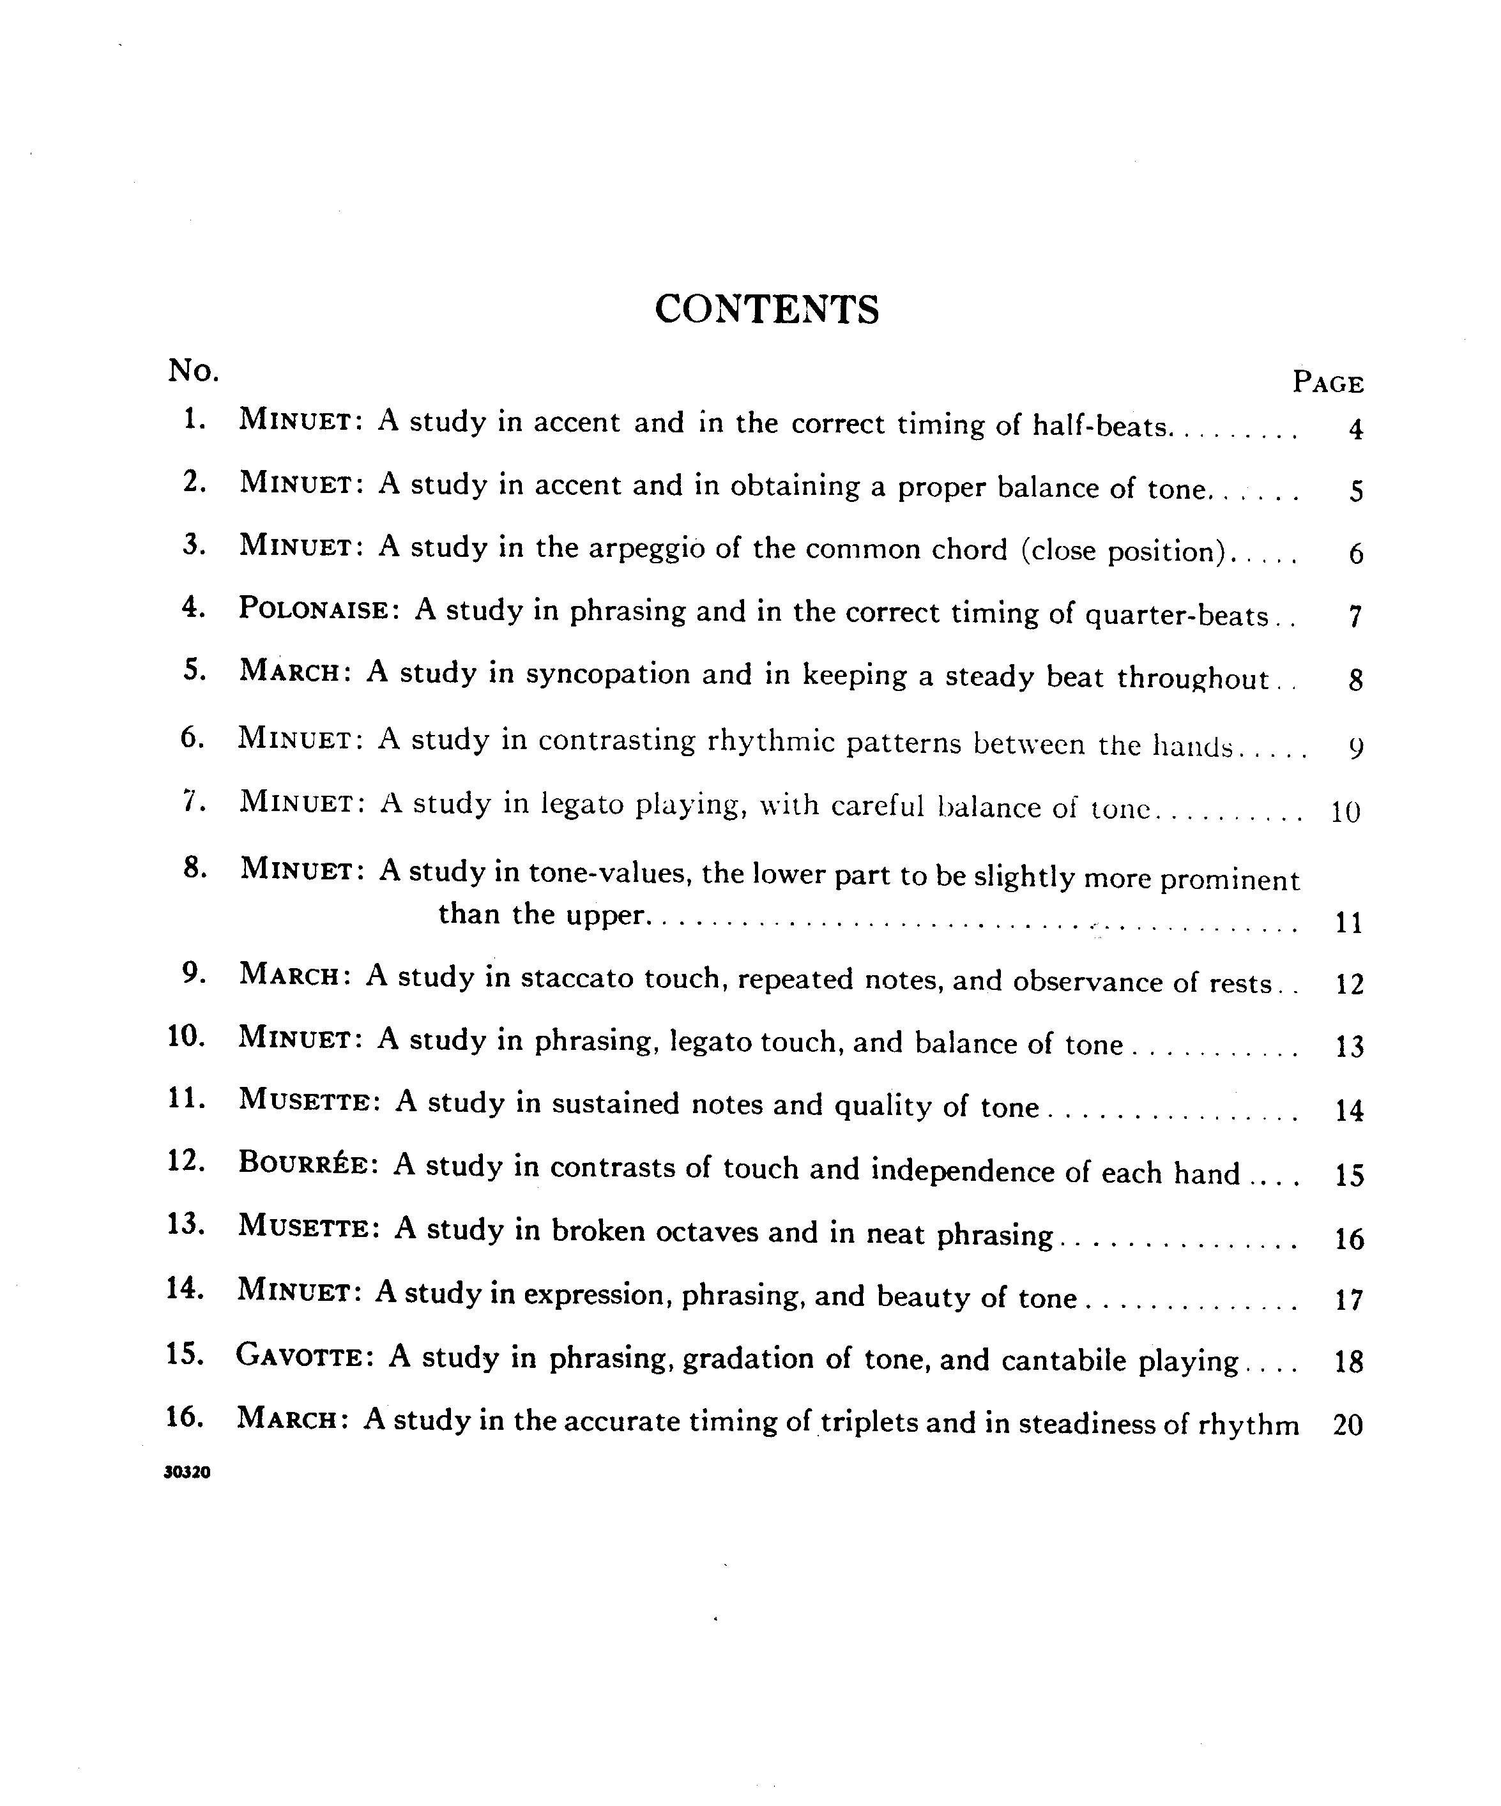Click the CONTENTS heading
(x=766, y=310)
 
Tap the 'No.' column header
(x=194, y=370)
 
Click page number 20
(x=1348, y=1426)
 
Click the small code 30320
(x=187, y=1472)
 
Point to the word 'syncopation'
(x=607, y=674)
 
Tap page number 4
(x=1355, y=429)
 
